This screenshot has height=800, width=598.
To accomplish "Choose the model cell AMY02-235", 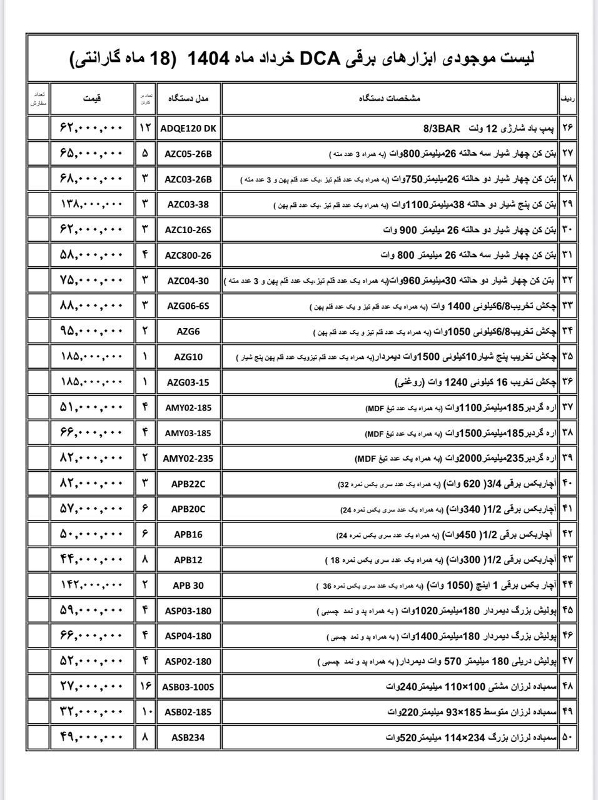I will click(188, 458).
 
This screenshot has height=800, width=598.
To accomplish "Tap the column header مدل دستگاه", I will click(188, 99).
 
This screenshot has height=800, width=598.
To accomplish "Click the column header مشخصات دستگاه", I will click(390, 99).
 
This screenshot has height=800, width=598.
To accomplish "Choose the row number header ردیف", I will click(567, 99).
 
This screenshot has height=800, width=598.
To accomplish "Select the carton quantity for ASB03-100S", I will click(145, 687).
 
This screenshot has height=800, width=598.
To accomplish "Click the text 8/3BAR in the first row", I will click(441, 129).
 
